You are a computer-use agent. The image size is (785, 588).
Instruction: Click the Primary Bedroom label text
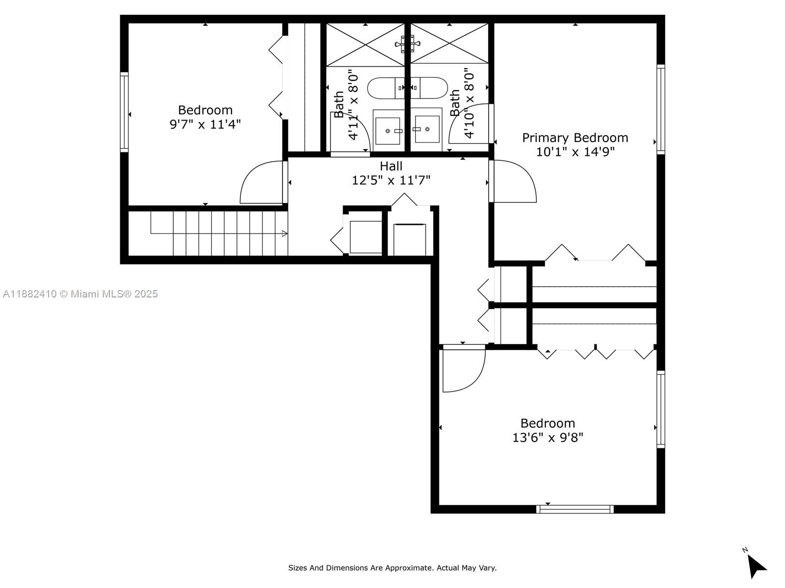point(575,138)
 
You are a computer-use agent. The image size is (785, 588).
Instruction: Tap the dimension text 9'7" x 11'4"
point(205,124)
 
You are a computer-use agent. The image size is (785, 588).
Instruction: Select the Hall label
point(391,166)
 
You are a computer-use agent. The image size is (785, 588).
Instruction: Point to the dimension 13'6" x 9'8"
point(548,438)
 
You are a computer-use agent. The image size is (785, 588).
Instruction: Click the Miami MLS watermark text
point(80,294)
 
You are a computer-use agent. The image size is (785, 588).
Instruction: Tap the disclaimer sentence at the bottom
point(392,568)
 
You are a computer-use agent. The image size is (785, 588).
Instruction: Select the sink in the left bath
point(388,131)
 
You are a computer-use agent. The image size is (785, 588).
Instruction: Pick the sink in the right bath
point(427,129)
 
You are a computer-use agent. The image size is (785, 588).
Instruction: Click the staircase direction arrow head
point(285,234)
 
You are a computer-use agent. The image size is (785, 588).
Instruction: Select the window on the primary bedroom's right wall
point(660,109)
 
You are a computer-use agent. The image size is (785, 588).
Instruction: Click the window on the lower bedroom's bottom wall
point(575,509)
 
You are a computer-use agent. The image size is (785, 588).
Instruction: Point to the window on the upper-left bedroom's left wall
point(124,112)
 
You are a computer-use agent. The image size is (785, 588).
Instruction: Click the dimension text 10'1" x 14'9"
point(575,152)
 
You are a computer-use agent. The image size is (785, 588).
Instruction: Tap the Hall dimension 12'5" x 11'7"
point(391,181)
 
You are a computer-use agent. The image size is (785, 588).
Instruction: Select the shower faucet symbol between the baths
point(407,44)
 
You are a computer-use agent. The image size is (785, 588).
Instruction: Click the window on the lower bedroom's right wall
point(660,409)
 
